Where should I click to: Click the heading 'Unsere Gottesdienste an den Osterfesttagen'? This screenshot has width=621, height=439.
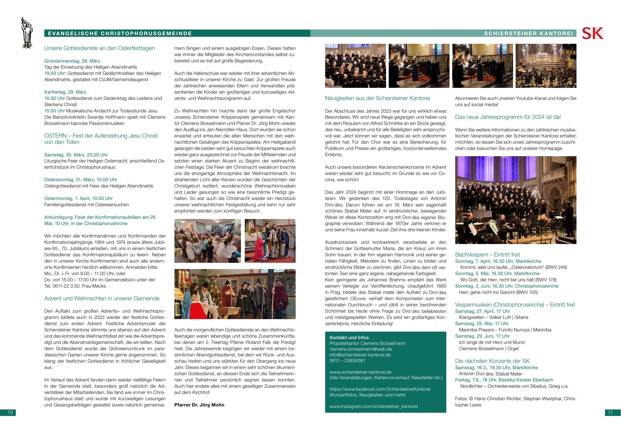pos(100,48)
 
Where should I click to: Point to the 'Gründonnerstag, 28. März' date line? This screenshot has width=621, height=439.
pos(72,61)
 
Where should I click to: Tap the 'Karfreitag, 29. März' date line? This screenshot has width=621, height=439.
pos(65,92)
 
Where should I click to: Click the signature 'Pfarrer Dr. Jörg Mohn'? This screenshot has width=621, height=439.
pos(199,405)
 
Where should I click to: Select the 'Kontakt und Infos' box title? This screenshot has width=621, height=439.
pos(349,337)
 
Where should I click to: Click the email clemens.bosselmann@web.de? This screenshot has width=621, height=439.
pos(360,349)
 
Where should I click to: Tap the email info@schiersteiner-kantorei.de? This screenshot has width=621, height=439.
pos(360,355)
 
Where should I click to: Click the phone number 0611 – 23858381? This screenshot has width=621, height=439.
pos(347,361)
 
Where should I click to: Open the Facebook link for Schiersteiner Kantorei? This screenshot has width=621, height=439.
pos(380,389)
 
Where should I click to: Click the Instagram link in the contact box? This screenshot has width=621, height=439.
pos(373,406)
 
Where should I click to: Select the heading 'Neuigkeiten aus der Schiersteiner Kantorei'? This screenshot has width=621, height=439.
pos(377,98)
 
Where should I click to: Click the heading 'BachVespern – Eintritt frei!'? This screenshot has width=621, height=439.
pos(487,255)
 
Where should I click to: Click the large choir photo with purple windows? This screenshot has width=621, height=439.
pos(516,200)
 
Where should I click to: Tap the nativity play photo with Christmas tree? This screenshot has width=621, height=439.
pos(235,294)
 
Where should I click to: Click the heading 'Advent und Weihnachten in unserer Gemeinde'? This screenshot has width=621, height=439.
pos(102,298)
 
